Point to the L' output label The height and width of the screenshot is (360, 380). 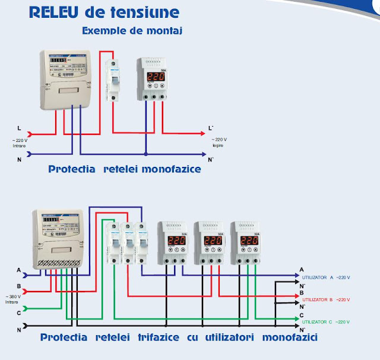pyautogui.click(x=211, y=128)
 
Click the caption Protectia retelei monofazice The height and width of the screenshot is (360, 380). pyautogui.click(x=125, y=169)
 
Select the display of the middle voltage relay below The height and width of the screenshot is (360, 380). pyautogui.click(x=212, y=241)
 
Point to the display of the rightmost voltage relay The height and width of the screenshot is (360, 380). pyautogui.click(x=248, y=241)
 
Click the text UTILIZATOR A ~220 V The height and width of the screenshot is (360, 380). pyautogui.click(x=326, y=277)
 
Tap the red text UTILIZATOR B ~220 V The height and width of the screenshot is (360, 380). pyautogui.click(x=326, y=300)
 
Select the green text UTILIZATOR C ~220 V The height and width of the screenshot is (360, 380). pyautogui.click(x=326, y=321)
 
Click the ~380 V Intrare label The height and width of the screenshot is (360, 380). pyautogui.click(x=12, y=299)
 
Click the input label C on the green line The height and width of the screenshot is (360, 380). pyautogui.click(x=19, y=312)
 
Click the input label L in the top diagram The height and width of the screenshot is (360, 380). pyautogui.click(x=20, y=128)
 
